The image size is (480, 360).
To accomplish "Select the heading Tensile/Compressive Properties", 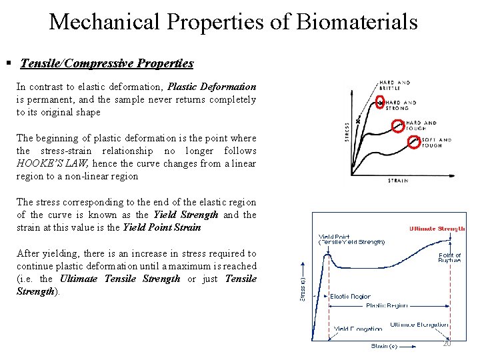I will [x=107, y=64].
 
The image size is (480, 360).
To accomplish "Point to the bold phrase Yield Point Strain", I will [x=162, y=227].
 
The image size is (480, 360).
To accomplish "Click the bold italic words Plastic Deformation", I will [x=211, y=87].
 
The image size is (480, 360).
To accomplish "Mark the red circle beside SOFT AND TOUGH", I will [x=413, y=142].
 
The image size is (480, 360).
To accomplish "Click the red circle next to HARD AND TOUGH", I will [x=397, y=125].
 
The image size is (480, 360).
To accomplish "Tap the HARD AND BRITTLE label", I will [x=395, y=85].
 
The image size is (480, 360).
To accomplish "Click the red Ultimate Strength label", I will [x=437, y=229].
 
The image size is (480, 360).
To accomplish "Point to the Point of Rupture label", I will [x=449, y=258].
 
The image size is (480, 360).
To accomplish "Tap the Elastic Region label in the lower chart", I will [x=350, y=296].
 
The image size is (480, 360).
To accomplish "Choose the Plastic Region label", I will [x=386, y=305].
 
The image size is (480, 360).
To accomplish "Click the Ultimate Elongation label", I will [x=419, y=325].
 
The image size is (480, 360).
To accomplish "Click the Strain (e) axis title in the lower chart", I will [x=384, y=345].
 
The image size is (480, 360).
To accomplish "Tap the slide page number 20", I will [x=447, y=343].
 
